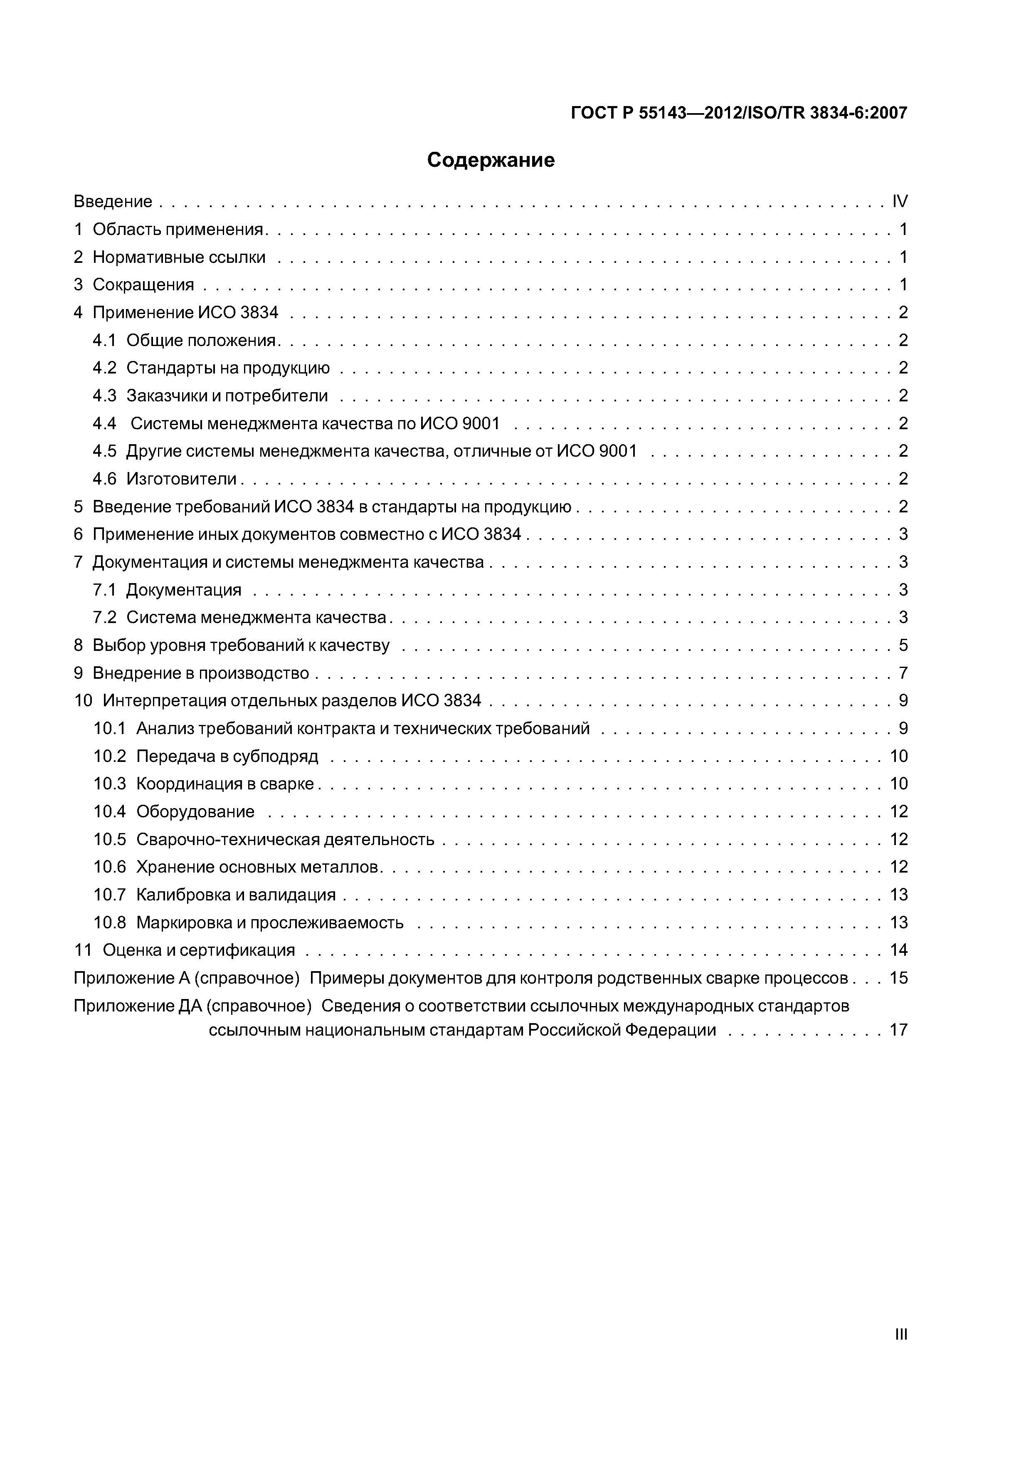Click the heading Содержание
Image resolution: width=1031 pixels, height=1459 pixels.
click(x=491, y=160)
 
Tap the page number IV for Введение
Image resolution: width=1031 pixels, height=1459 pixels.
click(x=900, y=201)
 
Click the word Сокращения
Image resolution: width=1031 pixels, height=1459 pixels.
click(x=143, y=284)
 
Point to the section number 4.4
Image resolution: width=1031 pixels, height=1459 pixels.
click(x=105, y=423)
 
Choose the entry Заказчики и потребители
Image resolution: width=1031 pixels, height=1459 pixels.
click(x=227, y=396)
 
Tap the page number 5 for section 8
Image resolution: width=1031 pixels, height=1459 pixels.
click(x=903, y=645)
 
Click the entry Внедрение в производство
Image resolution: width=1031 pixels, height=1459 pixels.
click(x=201, y=673)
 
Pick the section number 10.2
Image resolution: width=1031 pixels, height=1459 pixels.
click(x=110, y=756)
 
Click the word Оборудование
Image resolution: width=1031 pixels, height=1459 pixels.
click(x=195, y=811)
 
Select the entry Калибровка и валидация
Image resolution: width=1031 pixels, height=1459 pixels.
click(x=236, y=895)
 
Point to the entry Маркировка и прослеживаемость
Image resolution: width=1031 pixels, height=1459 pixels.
click(x=269, y=922)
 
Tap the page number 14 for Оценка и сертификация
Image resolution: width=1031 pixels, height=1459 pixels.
click(x=898, y=950)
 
